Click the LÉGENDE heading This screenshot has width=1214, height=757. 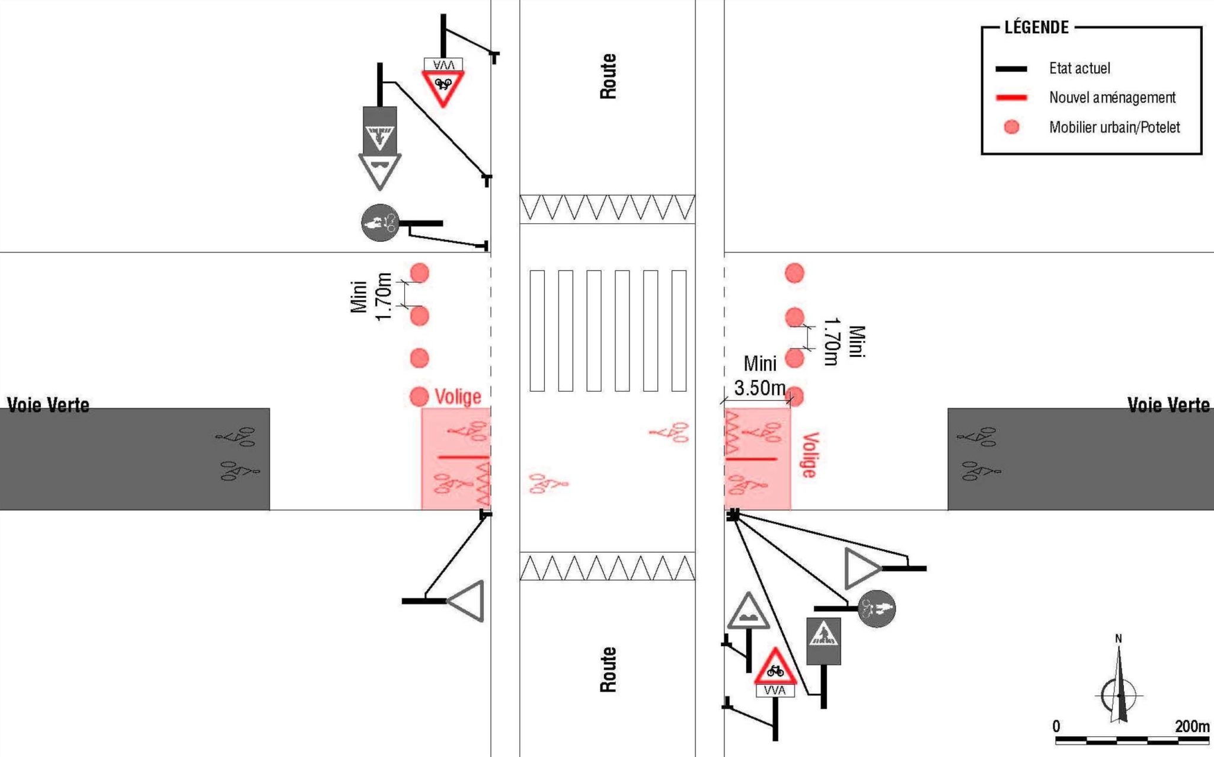pos(1036,27)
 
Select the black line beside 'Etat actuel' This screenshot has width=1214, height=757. pos(1011,69)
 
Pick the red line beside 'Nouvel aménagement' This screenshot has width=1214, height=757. pos(1011,98)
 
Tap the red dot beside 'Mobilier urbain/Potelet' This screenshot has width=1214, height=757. pos(1011,127)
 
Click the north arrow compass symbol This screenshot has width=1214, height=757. pos(1119,688)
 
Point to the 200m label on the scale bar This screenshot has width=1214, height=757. pos(1191,726)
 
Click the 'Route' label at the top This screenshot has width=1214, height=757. pos(608,76)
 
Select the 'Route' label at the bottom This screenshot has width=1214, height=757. pos(608,669)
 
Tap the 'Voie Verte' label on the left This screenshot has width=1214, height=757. pos(48,405)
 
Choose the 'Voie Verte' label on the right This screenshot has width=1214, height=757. pos(1168,405)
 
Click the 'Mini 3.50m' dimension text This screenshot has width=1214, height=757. pos(760,376)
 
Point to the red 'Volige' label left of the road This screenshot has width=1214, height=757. pos(458,397)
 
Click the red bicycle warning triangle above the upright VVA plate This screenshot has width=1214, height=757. pos(775,668)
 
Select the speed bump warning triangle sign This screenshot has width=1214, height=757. pos(748,614)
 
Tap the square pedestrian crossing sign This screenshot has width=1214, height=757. pos(823,641)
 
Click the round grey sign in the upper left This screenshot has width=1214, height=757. pos(380,223)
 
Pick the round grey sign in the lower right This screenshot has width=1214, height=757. pos(876,608)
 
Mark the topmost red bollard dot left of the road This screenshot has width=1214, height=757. pos(420,273)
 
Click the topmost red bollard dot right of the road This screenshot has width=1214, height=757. pos(794,273)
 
